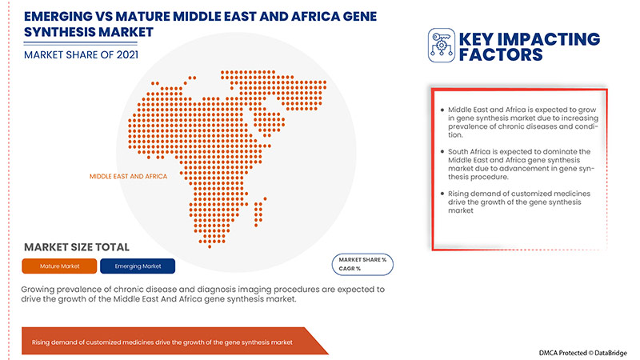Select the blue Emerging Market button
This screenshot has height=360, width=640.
pos(138,266)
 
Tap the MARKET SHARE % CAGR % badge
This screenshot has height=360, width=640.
pos(362,264)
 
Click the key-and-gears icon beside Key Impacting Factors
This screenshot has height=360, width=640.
pos(441,46)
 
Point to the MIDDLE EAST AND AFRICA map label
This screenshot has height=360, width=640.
pos(128,175)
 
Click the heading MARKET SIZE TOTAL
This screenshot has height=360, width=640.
pos(77,247)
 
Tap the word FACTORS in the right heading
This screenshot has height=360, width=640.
pos(501,54)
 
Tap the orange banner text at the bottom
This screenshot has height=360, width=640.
pos(162,342)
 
